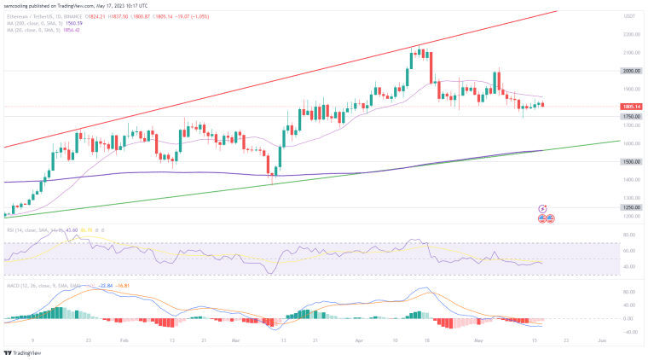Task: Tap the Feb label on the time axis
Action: tap(124, 339)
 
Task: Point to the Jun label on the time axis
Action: tap(603, 339)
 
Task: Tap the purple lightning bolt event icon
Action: tap(542, 208)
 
